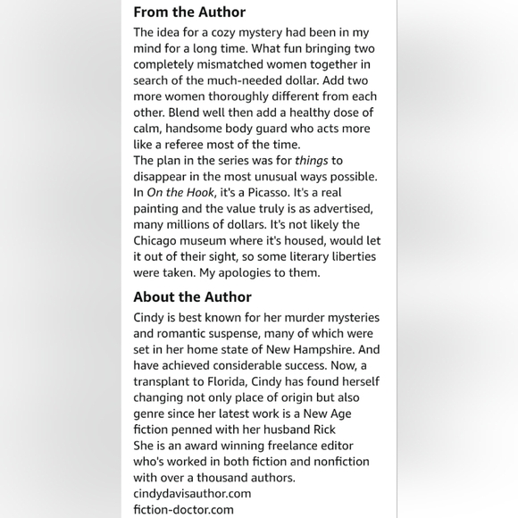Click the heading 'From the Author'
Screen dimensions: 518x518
pos(189,13)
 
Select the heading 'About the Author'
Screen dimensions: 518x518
pos(192,297)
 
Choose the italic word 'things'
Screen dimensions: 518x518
pos(312,161)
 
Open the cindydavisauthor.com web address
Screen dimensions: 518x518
pos(192,493)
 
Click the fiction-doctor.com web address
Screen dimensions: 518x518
pos(183,509)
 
